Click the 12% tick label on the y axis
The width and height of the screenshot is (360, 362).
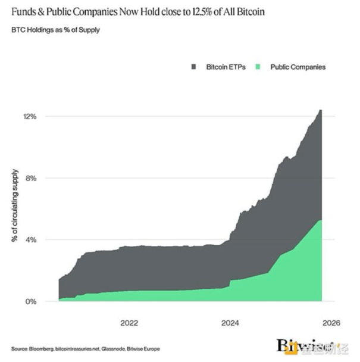30,116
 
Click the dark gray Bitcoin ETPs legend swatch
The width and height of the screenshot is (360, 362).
193,67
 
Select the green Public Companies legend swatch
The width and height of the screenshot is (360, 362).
258,67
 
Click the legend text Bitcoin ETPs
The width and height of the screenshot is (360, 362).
224,67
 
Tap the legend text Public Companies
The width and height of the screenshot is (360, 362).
298,67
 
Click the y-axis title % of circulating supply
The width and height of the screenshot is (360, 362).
13,205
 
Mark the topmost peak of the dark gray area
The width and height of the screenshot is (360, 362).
321,110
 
